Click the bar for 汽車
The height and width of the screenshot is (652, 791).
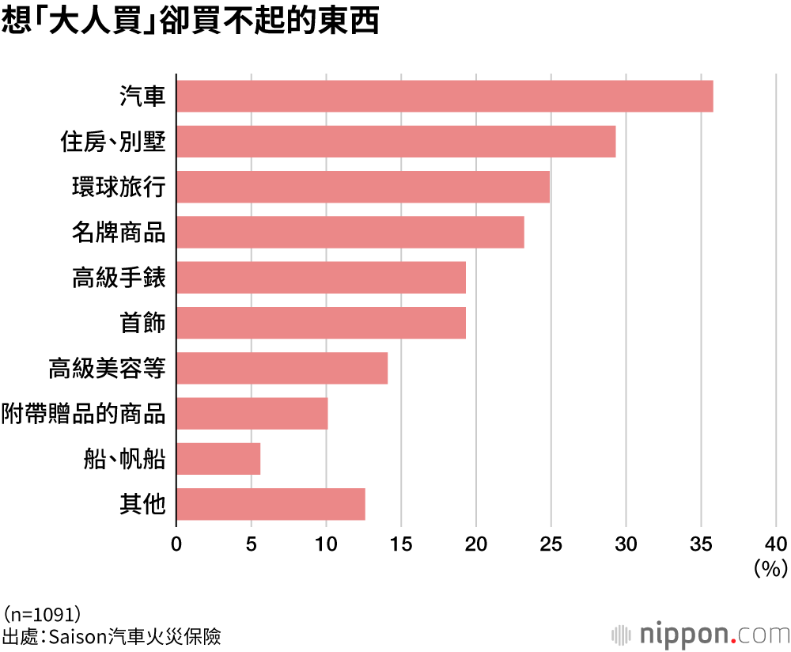coord(444,96)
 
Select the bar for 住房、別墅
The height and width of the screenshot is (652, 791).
coord(395,142)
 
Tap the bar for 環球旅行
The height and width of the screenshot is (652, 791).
coord(362,187)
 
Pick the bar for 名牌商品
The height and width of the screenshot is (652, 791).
coord(350,232)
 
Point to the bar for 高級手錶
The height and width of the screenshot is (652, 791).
coord(320,278)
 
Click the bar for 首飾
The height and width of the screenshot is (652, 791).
coord(320,323)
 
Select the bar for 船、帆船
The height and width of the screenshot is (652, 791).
coord(218,459)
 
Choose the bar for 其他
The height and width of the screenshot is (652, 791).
coord(270,504)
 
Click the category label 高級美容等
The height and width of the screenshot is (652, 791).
coord(107,369)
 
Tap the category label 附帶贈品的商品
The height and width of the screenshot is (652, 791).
coord(83,414)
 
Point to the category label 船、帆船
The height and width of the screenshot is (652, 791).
coord(124,459)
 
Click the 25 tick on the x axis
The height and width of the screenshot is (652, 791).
coord(551,544)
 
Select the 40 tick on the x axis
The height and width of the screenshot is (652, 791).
coord(775,544)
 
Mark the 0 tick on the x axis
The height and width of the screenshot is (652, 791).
coord(176,544)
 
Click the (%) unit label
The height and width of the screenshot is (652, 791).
coord(770,567)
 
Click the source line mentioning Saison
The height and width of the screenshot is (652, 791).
coord(111,635)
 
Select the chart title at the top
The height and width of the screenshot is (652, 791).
coord(190,22)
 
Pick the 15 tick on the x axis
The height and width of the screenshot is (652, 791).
coord(400,544)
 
